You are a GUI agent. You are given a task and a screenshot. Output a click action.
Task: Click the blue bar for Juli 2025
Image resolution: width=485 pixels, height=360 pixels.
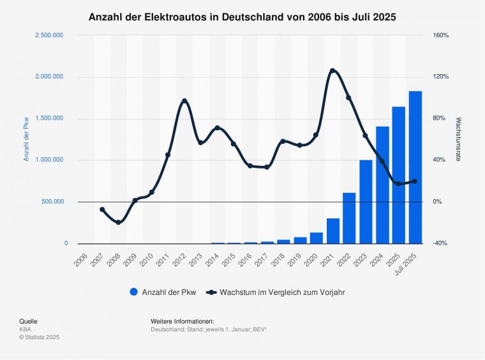tap(415, 167)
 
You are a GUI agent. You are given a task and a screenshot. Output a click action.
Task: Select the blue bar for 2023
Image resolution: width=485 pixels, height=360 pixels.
tap(366, 202)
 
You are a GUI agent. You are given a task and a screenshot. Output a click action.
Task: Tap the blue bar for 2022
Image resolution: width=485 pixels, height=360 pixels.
tap(349, 218)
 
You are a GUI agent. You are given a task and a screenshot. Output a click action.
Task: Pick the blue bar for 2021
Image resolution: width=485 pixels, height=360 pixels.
tap(332, 230)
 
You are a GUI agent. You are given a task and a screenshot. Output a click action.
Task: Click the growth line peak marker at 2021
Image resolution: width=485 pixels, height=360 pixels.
tap(332, 70)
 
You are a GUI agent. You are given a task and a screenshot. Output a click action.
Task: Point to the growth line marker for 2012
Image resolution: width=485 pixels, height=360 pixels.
tap(184, 101)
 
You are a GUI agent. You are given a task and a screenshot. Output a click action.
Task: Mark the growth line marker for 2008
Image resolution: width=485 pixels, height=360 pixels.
tap(118, 222)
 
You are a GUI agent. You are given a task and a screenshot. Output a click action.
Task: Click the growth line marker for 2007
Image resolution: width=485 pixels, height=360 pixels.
tap(102, 209)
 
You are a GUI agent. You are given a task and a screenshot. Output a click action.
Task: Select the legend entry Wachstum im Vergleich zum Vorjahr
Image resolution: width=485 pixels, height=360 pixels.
tap(276, 292)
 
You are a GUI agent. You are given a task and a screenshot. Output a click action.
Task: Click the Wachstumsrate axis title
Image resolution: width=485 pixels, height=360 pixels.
tap(459, 139)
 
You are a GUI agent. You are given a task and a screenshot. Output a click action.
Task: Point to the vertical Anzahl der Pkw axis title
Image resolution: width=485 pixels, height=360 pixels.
tap(27, 139)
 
